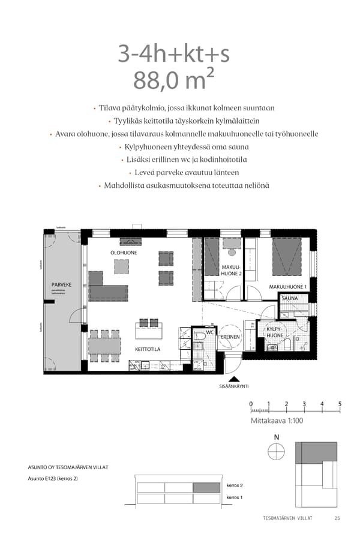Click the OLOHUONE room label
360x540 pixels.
pos(124,253)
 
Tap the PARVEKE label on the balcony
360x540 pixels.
pos(61,284)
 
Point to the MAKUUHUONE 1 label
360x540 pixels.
pos(288,287)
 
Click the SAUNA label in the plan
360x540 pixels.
pos(290,298)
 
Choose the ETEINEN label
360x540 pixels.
pos(231,337)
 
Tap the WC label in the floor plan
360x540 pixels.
pos(210,332)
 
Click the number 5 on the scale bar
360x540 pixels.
pos(340,403)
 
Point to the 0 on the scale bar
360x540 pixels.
pos(251,403)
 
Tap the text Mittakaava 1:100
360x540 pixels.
pos(277,421)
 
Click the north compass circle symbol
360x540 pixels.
pos(276,452)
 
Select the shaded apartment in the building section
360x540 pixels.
pos(207,487)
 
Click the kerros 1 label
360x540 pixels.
pos(234,498)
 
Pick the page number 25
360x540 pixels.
pos(337,518)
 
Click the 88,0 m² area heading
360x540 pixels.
pos(174,80)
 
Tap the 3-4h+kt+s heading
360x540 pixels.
pos(174,54)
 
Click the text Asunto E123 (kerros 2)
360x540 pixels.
pos(53,479)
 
